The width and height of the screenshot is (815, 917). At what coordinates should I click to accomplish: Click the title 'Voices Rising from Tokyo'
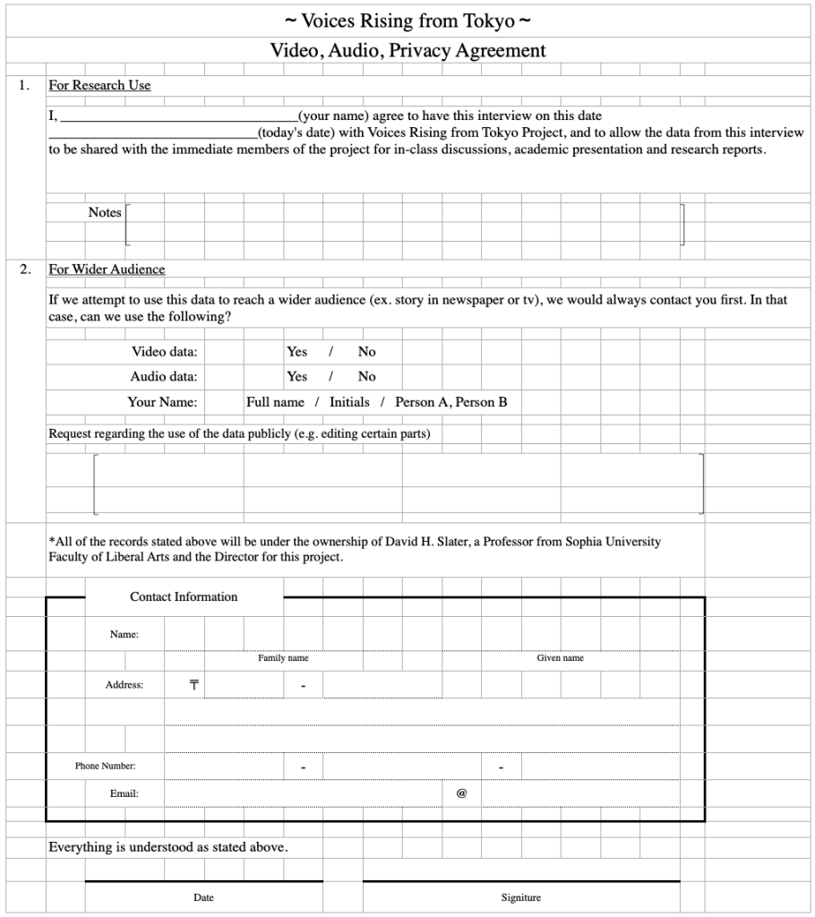coord(407,20)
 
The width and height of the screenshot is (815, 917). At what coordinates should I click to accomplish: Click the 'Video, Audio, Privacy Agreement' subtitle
coord(407,50)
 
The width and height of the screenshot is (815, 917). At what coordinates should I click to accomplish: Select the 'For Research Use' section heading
coord(99,86)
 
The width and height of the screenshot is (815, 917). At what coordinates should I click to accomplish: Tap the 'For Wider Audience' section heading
coord(107,270)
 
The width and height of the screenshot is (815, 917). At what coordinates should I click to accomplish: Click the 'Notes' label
coord(105,213)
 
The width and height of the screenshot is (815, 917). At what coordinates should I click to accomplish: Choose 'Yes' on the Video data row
coord(296,352)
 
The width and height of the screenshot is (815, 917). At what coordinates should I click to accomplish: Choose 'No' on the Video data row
coord(367,352)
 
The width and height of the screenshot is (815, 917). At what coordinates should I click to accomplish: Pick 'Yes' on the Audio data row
coord(296,377)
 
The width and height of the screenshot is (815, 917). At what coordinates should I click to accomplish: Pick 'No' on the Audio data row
coord(367,377)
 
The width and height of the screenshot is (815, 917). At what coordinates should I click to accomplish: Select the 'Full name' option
coord(275,402)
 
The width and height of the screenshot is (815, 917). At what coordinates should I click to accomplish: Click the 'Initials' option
coord(349,402)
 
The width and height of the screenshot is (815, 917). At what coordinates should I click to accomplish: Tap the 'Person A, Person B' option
coord(451,402)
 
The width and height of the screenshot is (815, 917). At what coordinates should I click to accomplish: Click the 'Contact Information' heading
coord(184,597)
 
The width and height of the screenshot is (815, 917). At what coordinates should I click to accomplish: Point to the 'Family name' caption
coord(283,658)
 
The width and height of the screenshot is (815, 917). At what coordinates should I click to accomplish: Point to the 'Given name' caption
coord(560,658)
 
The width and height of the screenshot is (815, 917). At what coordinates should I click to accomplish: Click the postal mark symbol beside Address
coord(193,685)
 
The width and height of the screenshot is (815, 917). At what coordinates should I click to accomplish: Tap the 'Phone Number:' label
coord(106,767)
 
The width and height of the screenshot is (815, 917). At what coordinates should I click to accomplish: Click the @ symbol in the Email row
coord(462,793)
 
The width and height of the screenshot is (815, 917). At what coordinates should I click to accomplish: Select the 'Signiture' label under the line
coord(520,897)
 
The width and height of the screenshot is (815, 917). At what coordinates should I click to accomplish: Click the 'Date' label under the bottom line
coord(203,897)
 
